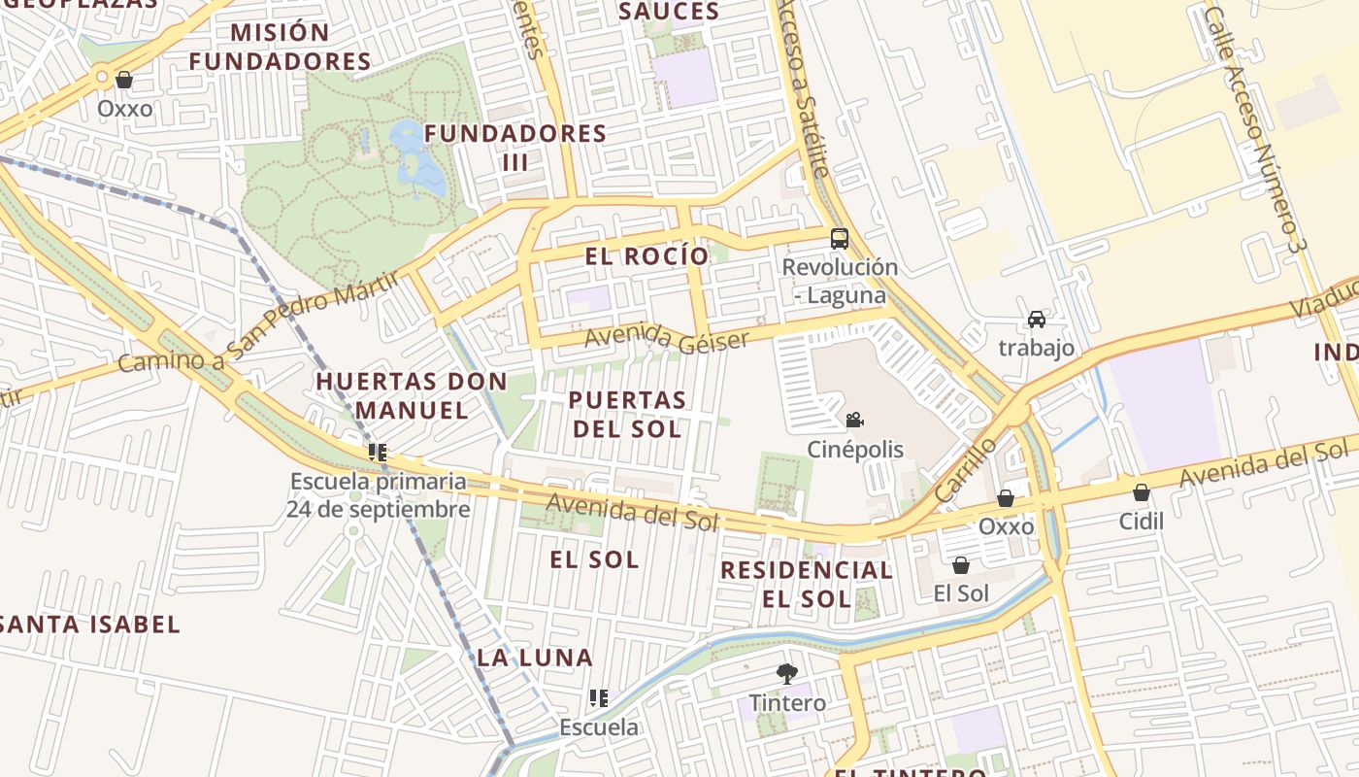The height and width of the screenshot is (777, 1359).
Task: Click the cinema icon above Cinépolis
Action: [854, 421]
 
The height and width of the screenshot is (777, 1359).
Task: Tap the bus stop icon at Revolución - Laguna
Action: [840, 239]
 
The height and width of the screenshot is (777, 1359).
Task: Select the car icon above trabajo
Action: [1037, 320]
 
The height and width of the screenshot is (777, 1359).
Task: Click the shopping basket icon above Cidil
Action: [1142, 492]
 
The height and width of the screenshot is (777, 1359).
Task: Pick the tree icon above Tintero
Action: [787, 673]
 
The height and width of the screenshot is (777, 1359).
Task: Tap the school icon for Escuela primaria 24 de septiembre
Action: [378, 453]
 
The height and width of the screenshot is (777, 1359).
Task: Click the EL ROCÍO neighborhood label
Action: [646, 256]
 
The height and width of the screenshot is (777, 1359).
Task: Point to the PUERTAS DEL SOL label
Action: [627, 414]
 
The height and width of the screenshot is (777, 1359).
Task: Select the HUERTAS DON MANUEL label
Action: [412, 395]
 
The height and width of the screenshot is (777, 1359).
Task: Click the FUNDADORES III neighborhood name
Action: [515, 147]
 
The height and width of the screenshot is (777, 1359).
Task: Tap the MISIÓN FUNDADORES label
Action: [280, 47]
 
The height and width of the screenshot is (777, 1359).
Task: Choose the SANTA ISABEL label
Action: [90, 625]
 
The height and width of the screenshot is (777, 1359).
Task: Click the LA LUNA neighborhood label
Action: [535, 658]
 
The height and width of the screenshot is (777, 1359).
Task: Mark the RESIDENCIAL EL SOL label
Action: [807, 584]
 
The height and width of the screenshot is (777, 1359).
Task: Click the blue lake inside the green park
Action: [417, 155]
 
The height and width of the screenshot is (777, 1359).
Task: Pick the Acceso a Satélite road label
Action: [805, 87]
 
